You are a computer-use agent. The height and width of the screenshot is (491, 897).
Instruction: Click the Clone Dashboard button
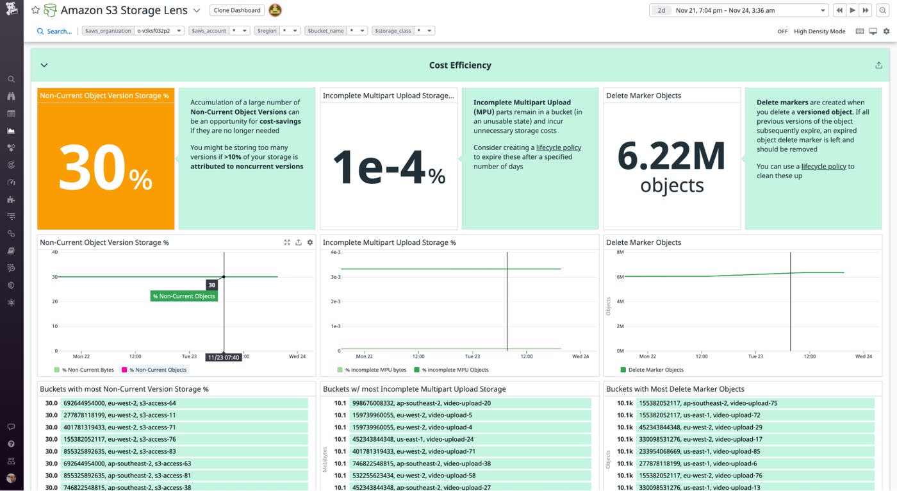[x=237, y=10]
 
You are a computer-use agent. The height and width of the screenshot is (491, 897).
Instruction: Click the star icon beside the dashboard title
[x=35, y=10]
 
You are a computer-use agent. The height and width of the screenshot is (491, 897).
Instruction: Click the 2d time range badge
[x=661, y=10]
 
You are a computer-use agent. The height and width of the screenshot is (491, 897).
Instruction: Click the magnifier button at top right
[x=883, y=10]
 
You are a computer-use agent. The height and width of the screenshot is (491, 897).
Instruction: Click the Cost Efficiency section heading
[x=460, y=65]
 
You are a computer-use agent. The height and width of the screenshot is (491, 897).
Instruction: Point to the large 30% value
[x=106, y=168]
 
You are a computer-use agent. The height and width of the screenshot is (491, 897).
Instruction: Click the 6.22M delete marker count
[x=671, y=157]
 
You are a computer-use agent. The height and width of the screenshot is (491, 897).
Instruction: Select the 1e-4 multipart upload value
[x=388, y=168]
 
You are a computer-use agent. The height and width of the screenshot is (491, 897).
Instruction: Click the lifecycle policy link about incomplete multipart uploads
[x=558, y=147]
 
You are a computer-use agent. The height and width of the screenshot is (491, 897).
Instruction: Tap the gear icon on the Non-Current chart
[x=310, y=242]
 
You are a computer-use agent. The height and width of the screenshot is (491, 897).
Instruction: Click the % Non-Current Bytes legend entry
[x=86, y=370]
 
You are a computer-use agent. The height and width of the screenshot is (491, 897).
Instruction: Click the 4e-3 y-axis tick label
[x=334, y=252]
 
